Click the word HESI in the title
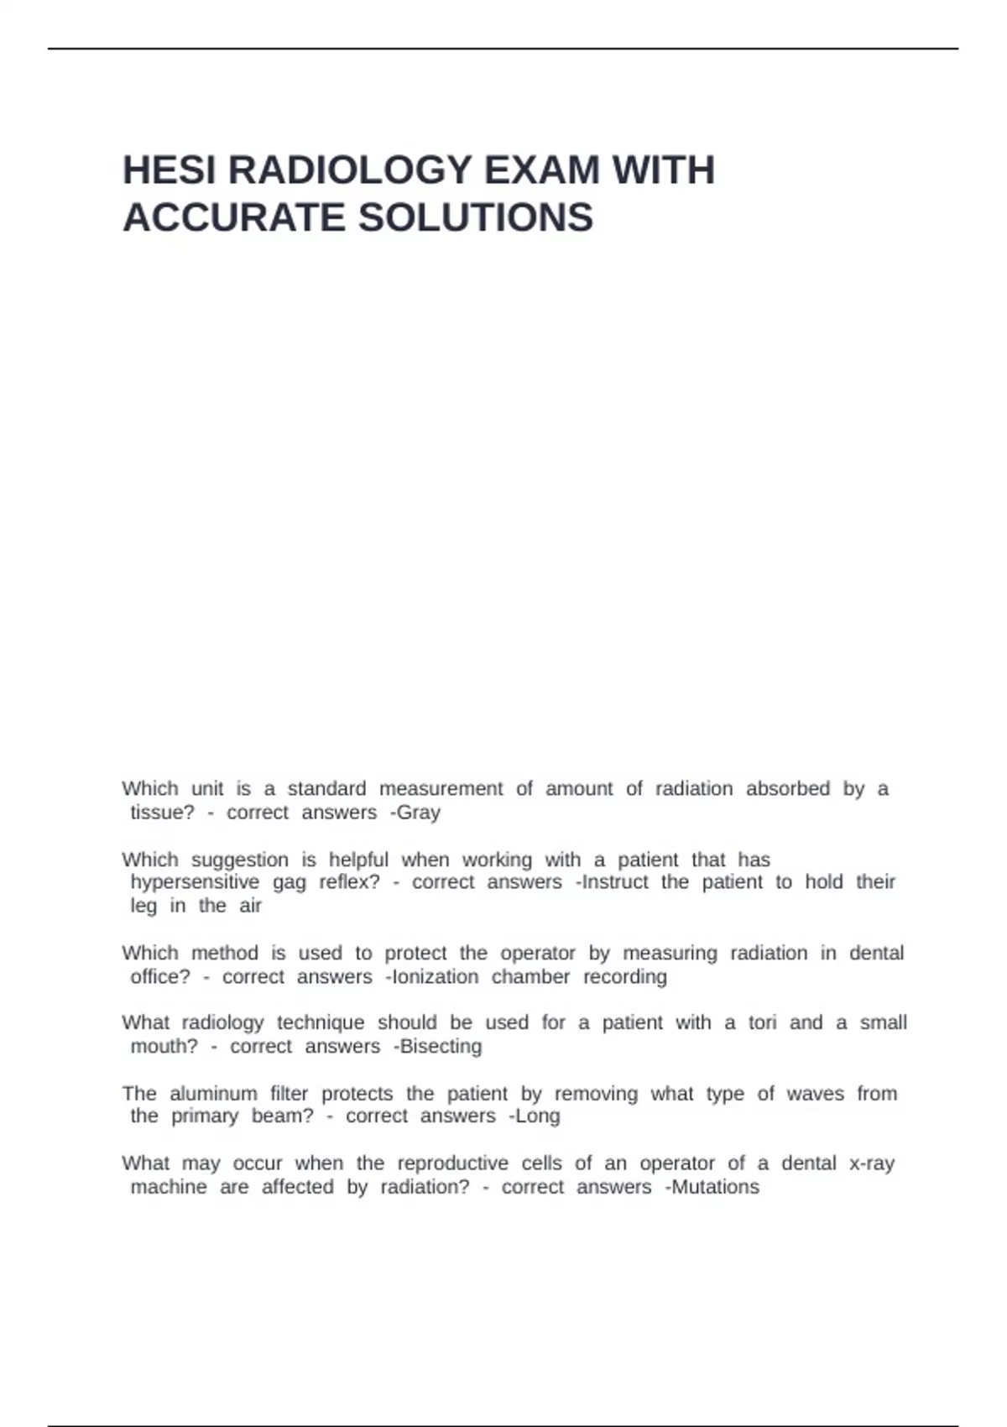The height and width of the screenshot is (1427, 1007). click(170, 170)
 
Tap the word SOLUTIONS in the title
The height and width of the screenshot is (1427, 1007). click(476, 218)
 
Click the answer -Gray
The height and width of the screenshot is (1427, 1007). click(415, 813)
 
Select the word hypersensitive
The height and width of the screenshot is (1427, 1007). click(195, 882)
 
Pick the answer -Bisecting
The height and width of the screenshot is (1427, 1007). click(437, 1047)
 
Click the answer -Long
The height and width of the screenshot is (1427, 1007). click(535, 1116)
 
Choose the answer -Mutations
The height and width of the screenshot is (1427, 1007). click(712, 1187)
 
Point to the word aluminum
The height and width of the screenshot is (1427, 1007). click(213, 1094)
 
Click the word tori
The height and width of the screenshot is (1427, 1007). click(762, 1023)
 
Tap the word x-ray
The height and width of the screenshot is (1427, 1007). click(872, 1163)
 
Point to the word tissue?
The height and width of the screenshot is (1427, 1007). click(162, 813)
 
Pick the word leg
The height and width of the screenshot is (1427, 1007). click(143, 907)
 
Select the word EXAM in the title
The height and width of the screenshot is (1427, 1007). click(542, 170)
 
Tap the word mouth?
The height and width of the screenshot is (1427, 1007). click(164, 1047)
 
